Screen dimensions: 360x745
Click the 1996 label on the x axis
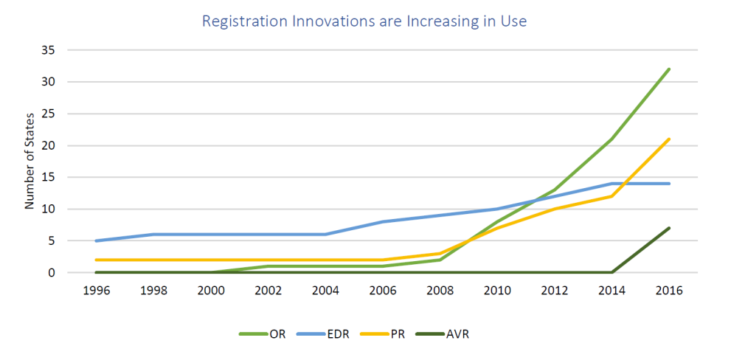click(96, 291)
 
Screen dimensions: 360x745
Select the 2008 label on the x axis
click(440, 291)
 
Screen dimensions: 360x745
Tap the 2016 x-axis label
click(669, 291)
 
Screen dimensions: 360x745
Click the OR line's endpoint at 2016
click(669, 69)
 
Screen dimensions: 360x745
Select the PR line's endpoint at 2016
click(669, 139)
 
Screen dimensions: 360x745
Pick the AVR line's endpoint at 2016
click(669, 228)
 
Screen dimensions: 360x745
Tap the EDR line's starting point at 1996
click(96, 240)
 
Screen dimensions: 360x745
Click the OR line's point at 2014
click(611, 139)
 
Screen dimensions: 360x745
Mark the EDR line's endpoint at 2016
click(669, 184)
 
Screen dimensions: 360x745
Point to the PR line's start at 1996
click(96, 260)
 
